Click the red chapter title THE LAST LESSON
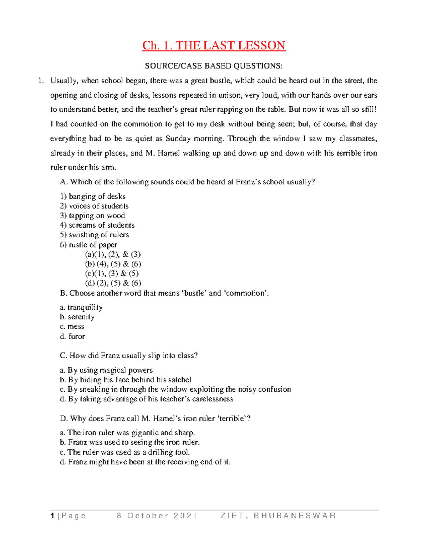(x=214, y=46)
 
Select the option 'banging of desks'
(x=93, y=197)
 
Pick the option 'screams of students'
(x=97, y=225)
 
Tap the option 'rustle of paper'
(x=88, y=245)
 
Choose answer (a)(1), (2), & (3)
(x=113, y=254)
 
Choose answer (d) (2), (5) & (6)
(x=113, y=283)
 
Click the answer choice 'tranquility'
(x=81, y=308)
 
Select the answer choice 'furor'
(x=73, y=336)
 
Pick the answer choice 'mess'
(x=72, y=327)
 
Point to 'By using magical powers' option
(x=106, y=370)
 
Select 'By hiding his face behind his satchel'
(x=126, y=380)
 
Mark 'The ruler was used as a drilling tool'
(x=125, y=452)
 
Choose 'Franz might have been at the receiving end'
(x=145, y=462)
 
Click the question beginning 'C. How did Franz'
(x=129, y=356)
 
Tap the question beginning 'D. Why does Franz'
(x=155, y=418)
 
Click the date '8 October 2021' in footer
(x=157, y=516)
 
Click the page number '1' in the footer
(x=52, y=516)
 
